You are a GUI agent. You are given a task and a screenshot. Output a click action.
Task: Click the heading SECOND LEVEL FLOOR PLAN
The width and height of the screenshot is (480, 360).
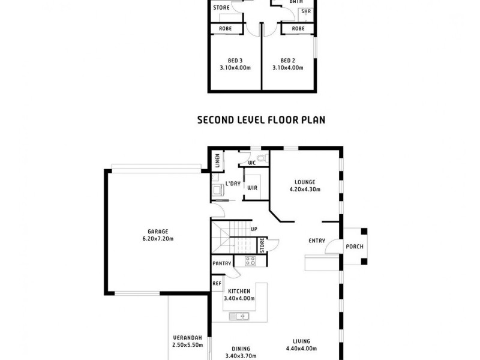(261, 119)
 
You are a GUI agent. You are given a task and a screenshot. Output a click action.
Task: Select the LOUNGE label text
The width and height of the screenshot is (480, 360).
(305, 182)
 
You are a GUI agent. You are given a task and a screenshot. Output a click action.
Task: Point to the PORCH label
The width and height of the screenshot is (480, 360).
(354, 247)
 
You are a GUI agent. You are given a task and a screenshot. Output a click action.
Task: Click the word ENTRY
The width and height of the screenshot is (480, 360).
(317, 241)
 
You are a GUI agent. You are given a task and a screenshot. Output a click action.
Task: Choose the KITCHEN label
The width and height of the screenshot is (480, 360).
(239, 291)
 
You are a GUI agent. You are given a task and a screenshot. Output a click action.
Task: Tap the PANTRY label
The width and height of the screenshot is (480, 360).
(221, 263)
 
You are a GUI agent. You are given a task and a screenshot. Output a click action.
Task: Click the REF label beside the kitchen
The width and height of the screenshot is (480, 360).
(217, 284)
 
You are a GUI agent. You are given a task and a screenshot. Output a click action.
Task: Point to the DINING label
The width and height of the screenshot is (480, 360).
(241, 349)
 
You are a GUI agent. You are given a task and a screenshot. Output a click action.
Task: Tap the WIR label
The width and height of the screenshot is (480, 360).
(253, 188)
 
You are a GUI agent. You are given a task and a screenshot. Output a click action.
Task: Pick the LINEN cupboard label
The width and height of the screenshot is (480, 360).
(217, 161)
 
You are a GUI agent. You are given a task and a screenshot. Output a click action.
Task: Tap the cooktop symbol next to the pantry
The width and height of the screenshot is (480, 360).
(250, 261)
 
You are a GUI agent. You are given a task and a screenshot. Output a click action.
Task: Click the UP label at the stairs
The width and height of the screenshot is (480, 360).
(254, 229)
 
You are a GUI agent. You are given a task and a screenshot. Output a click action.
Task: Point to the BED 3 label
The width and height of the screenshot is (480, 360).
(235, 60)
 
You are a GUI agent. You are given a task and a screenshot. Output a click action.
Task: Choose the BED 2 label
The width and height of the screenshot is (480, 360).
(287, 60)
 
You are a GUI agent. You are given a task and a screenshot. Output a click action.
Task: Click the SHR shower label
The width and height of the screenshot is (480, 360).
(306, 11)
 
